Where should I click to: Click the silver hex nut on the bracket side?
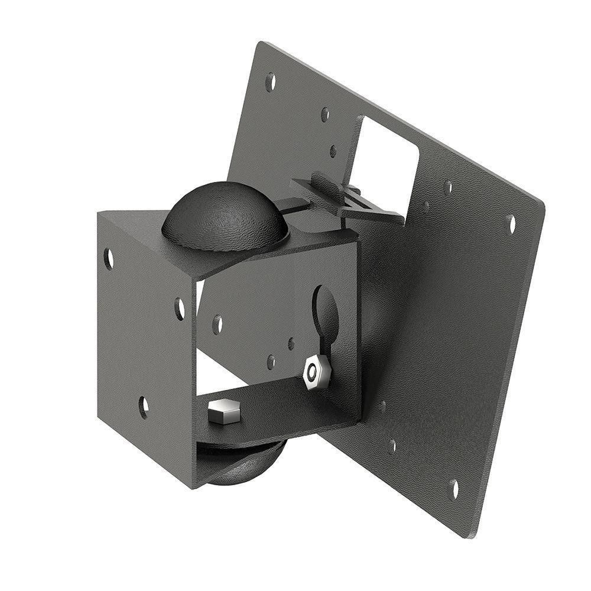pyautogui.click(x=316, y=372)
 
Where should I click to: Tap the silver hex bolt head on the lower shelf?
pyautogui.click(x=225, y=411)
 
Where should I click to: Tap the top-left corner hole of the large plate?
pyautogui.click(x=270, y=82)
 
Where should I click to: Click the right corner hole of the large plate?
pyautogui.click(x=511, y=224)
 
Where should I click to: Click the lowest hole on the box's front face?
pyautogui.click(x=143, y=407)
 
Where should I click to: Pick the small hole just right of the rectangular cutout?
pyautogui.click(x=447, y=187)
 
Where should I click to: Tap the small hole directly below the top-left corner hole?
pyautogui.click(x=325, y=115)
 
